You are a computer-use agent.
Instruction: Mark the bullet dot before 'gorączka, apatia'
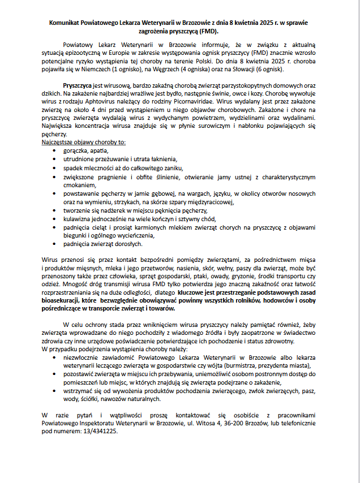tap(54, 151)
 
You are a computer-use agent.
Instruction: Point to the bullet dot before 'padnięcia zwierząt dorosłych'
tap(54, 244)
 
